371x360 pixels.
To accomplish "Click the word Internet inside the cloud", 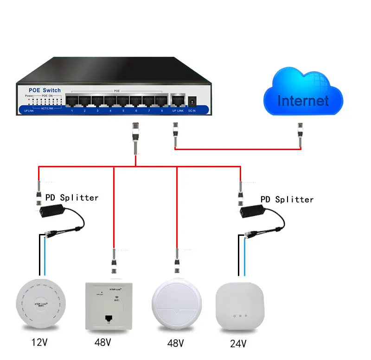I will click(x=303, y=101).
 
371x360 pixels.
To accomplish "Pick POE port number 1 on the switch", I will click(x=72, y=100).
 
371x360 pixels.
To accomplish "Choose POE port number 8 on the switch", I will click(x=161, y=100).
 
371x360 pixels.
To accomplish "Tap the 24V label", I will click(x=238, y=344).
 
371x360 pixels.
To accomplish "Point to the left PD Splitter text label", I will click(x=72, y=198).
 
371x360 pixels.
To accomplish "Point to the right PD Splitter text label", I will click(x=287, y=199).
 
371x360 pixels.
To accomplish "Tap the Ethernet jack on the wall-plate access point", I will click(x=109, y=318).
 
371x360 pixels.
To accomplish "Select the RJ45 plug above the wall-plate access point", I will click(x=114, y=262).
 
